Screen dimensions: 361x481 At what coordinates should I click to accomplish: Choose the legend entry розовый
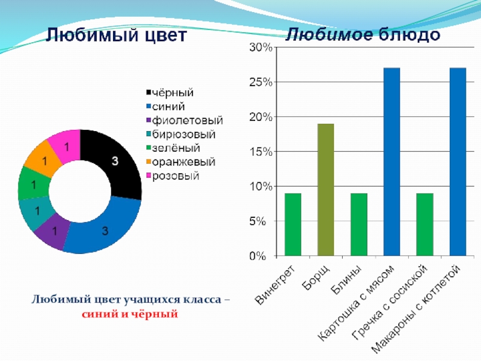tap(176, 176)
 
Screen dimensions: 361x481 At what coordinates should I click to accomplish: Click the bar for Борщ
tap(325, 190)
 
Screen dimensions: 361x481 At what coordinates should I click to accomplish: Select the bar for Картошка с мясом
tap(391, 162)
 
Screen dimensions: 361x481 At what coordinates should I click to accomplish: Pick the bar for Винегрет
tap(293, 224)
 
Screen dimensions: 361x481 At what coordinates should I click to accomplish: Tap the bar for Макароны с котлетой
tap(458, 162)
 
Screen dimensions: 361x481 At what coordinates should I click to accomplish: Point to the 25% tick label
tap(260, 82)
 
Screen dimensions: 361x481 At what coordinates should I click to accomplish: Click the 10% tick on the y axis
tap(260, 187)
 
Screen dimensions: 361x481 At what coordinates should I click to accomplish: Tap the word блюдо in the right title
tap(409, 34)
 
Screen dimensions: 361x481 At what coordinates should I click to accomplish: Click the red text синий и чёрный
tap(130, 313)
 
